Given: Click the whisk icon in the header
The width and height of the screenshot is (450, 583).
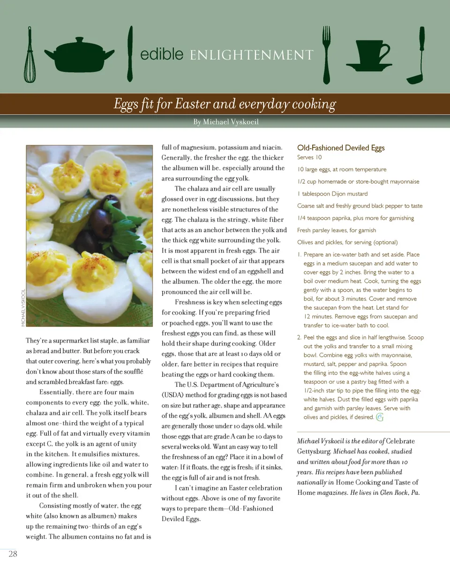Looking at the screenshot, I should pos(30,55).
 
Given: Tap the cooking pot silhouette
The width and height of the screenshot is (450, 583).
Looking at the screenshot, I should pos(80,54).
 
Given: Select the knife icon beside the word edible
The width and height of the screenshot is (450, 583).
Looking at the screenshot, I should pos(130,53).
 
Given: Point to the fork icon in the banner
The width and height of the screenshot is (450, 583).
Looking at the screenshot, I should pos(326,54).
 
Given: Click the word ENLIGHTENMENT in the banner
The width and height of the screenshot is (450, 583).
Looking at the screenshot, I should pos(252,55).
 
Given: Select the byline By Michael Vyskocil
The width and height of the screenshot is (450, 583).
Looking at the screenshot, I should pos(226,122).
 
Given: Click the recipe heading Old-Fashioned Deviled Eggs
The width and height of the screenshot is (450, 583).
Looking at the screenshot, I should pos(341,148).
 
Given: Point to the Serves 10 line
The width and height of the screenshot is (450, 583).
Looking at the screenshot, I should pos(309,158).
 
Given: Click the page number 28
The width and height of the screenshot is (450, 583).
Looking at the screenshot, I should pos(13,554).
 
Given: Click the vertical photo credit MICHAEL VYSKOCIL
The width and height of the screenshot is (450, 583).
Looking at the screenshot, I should pos(23,308).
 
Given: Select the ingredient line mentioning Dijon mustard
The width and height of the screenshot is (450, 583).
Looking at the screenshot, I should pos(332,194).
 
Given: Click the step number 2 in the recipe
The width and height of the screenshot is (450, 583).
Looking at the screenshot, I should pos(299,337).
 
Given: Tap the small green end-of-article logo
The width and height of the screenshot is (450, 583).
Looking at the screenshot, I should pos(380,417).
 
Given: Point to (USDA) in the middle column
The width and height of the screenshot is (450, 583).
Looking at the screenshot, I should pos(173,395).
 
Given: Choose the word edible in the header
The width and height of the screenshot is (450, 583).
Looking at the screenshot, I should pos(162,54).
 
